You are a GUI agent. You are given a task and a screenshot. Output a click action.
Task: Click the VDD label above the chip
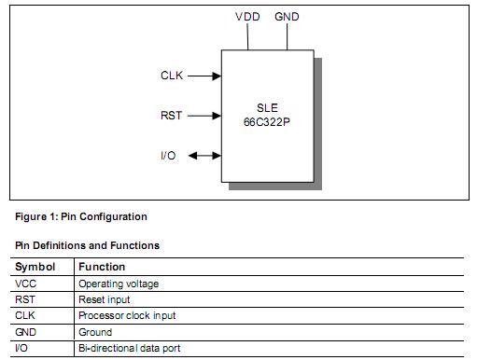pos(247,17)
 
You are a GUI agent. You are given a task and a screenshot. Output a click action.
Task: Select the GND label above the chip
pos(288,17)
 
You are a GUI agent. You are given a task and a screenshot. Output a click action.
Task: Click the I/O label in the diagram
pos(168,155)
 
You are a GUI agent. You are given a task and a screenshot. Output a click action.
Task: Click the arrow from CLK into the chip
pos(205,76)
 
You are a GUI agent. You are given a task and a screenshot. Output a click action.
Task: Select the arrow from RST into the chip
pos(205,116)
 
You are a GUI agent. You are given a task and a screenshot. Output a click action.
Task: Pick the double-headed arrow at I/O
pos(203,155)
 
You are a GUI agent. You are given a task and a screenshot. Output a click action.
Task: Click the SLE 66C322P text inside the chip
pos(267,115)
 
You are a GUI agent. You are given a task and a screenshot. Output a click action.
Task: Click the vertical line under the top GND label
pos(288,36)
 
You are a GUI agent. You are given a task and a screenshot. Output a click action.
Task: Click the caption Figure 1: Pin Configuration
pos(81,216)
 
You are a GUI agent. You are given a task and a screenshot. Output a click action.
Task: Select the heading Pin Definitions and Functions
pos(87,245)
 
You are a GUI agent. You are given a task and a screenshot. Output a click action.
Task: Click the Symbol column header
pos(35,267)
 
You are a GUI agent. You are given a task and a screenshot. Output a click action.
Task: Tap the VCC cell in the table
pos(26,284)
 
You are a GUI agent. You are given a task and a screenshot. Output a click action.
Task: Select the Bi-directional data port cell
pos(129,348)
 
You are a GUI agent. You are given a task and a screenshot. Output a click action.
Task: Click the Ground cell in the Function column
pos(95,332)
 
